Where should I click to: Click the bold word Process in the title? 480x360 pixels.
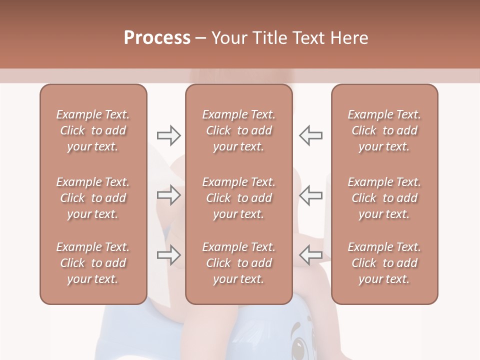[x=157, y=38]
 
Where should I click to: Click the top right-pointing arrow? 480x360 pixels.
[x=168, y=135]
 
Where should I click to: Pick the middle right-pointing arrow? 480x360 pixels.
[x=168, y=195]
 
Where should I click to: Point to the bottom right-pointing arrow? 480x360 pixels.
[x=168, y=255]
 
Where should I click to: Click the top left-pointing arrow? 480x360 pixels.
[x=310, y=135]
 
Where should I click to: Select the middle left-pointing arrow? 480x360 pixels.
[x=310, y=195]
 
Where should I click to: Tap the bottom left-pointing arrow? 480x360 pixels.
[x=310, y=255]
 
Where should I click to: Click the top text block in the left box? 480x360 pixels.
[x=93, y=130]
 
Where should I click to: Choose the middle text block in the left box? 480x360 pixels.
[x=93, y=198]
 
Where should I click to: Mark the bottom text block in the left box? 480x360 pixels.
[x=93, y=263]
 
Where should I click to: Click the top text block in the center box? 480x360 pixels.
[x=238, y=130]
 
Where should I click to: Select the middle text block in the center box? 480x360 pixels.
[x=238, y=198]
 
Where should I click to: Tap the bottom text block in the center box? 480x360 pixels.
[x=238, y=263]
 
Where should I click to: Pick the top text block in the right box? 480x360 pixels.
[x=384, y=130]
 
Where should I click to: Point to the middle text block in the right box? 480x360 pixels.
[x=384, y=198]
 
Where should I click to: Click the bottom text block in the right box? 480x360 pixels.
[x=384, y=263]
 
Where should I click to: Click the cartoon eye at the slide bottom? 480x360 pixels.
[x=299, y=345]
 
